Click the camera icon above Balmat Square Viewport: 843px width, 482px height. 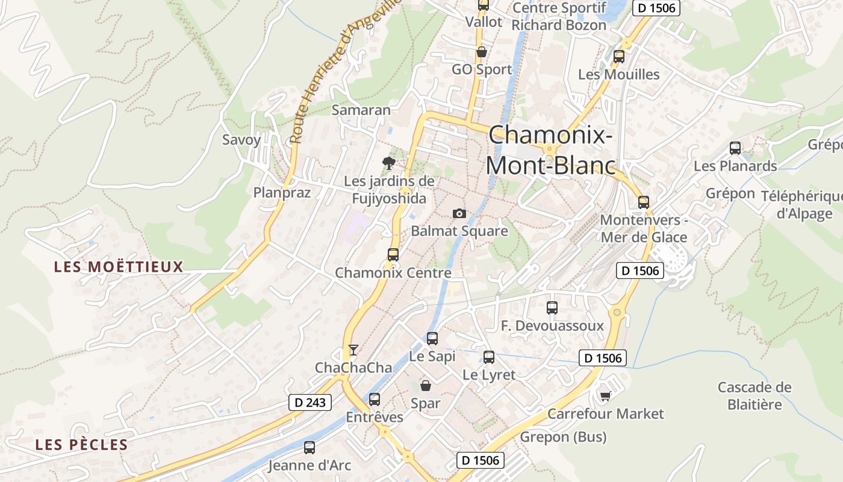click(x=459, y=213)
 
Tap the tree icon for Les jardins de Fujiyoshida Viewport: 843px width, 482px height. click(x=389, y=162)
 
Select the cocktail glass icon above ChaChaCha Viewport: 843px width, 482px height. click(x=353, y=349)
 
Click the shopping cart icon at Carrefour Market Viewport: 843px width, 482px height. click(x=605, y=396)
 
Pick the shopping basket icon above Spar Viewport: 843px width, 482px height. click(x=426, y=385)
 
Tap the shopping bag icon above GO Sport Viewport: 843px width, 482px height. click(x=482, y=52)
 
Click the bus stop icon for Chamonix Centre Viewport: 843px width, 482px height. click(x=393, y=254)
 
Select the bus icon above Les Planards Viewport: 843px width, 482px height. click(x=735, y=148)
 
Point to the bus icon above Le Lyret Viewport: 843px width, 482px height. click(x=489, y=357)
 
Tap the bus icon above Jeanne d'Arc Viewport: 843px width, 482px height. click(x=310, y=447)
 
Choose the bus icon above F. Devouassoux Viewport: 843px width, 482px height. click(x=552, y=307)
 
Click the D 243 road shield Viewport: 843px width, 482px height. click(x=311, y=402)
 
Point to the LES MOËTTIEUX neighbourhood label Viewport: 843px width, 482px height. click(x=119, y=266)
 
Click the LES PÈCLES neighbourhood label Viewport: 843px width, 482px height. click(x=81, y=445)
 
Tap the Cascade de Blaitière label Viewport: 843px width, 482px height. click(x=754, y=395)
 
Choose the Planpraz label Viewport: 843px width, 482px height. click(x=282, y=192)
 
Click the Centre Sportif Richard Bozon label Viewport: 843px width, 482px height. click(x=559, y=16)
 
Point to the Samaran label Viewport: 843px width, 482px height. click(x=361, y=110)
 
